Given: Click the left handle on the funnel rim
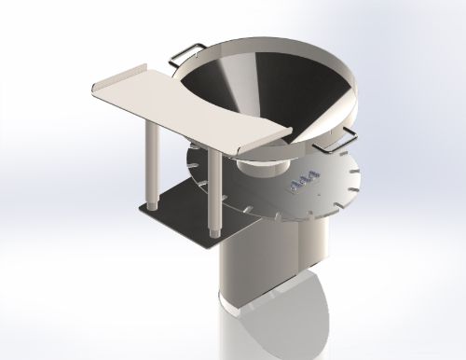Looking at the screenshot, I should (185, 52).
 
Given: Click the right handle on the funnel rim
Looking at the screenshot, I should (334, 141).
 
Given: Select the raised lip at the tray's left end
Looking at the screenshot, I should (112, 80).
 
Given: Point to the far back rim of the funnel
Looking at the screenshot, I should (280, 41).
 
